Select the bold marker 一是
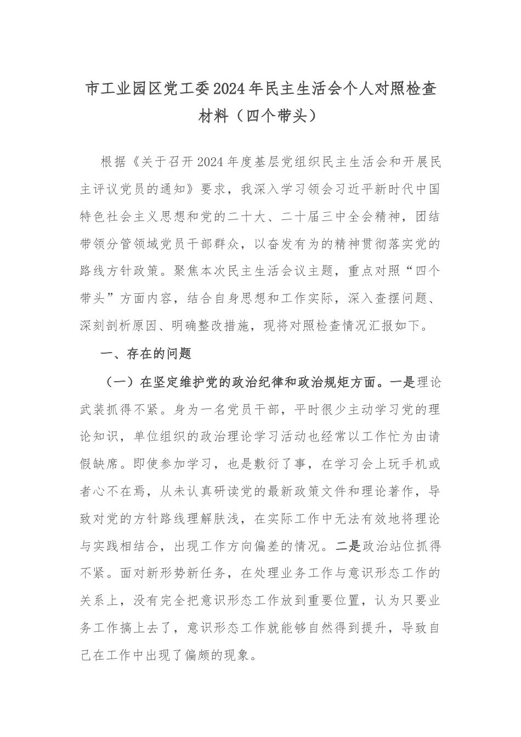[x=403, y=382]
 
